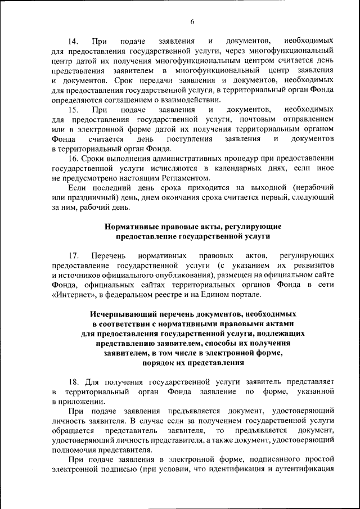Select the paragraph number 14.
(x=74, y=42)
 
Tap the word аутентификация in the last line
(x=305, y=469)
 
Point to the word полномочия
(x=73, y=451)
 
